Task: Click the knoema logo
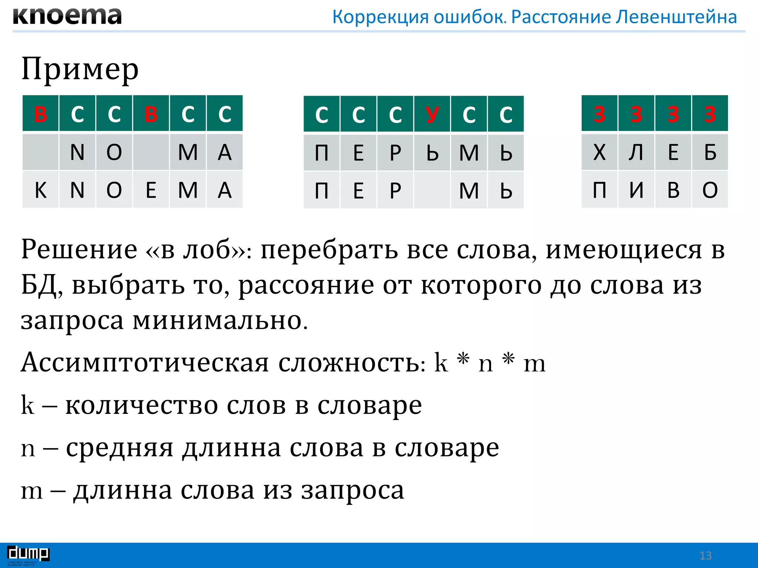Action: [67, 16]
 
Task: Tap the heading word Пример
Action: [80, 70]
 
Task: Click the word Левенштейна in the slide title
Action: [676, 17]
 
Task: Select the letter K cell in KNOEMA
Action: [40, 190]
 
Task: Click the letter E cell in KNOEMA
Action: [151, 190]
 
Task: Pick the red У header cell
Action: [432, 114]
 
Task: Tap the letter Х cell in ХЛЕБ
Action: [599, 152]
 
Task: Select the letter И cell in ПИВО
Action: [636, 190]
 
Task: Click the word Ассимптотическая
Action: [145, 362]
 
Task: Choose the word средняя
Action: [120, 448]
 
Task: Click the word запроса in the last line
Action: [352, 490]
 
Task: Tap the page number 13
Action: [705, 555]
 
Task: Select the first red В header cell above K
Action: [40, 114]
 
